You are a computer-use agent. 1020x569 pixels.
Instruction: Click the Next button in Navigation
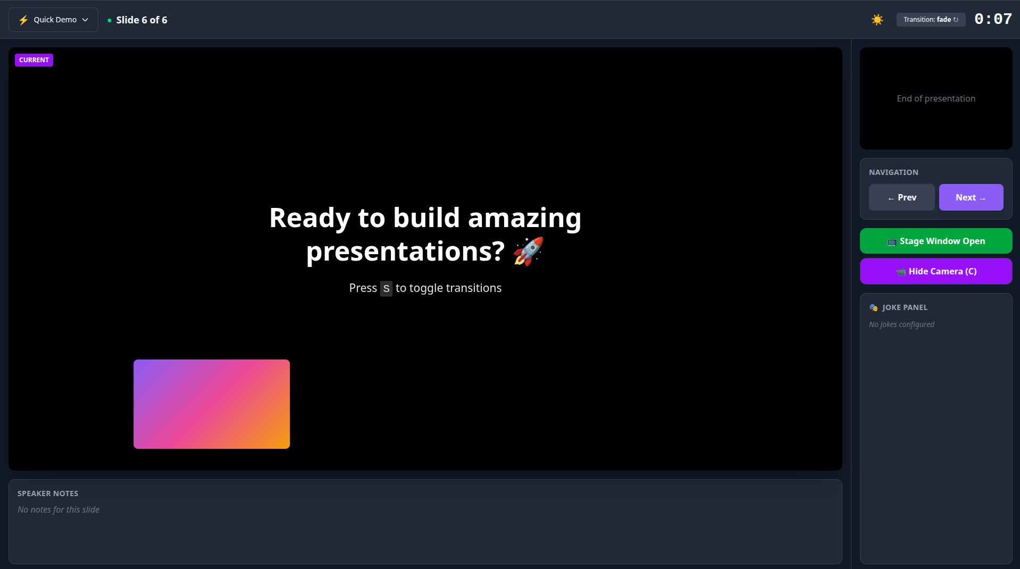pyautogui.click(x=971, y=197)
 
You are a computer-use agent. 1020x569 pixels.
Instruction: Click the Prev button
pyautogui.click(x=901, y=197)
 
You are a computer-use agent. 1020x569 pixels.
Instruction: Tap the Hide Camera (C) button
pyautogui.click(x=935, y=271)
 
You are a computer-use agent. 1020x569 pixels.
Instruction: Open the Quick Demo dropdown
pyautogui.click(x=54, y=20)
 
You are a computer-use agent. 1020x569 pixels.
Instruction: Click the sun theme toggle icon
pyautogui.click(x=877, y=20)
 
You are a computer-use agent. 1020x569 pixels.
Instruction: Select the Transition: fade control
pyautogui.click(x=930, y=20)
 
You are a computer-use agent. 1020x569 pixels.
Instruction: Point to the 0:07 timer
pyautogui.click(x=992, y=19)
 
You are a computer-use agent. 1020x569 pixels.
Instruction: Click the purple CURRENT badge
pyautogui.click(x=34, y=60)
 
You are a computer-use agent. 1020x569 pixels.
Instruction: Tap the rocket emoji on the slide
pyautogui.click(x=528, y=251)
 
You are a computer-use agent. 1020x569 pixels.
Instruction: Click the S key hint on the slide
pyautogui.click(x=386, y=289)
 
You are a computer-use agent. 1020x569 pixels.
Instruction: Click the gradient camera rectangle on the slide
pyautogui.click(x=212, y=404)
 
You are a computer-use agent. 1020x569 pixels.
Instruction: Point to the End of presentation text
pyautogui.click(x=935, y=98)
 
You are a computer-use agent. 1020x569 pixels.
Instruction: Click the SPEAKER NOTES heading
pyautogui.click(x=48, y=493)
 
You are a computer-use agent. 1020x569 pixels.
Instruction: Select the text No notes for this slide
pyautogui.click(x=58, y=509)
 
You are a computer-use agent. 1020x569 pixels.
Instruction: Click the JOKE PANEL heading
pyautogui.click(x=904, y=307)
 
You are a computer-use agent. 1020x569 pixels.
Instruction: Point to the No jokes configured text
pyautogui.click(x=901, y=324)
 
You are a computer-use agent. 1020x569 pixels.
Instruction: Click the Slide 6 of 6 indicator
pyautogui.click(x=141, y=20)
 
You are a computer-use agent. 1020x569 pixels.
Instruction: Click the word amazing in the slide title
pyautogui.click(x=524, y=218)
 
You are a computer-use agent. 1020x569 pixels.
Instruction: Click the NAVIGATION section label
pyautogui.click(x=893, y=172)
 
